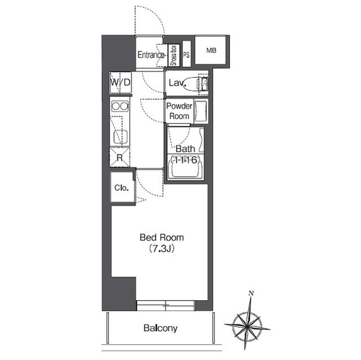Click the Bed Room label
click(162, 238)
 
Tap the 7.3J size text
click(162, 248)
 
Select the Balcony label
click(160, 328)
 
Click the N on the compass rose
click(251, 294)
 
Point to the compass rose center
click(247, 326)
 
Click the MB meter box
click(210, 50)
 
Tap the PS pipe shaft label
click(187, 55)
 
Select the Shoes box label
click(174, 55)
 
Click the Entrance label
click(151, 55)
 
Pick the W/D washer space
click(120, 82)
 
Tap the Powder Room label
click(179, 111)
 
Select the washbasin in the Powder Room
click(200, 111)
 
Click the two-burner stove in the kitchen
click(120, 106)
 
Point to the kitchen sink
click(121, 137)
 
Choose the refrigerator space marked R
click(120, 158)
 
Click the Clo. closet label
click(121, 188)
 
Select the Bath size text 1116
click(184, 159)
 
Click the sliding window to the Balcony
click(166, 305)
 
